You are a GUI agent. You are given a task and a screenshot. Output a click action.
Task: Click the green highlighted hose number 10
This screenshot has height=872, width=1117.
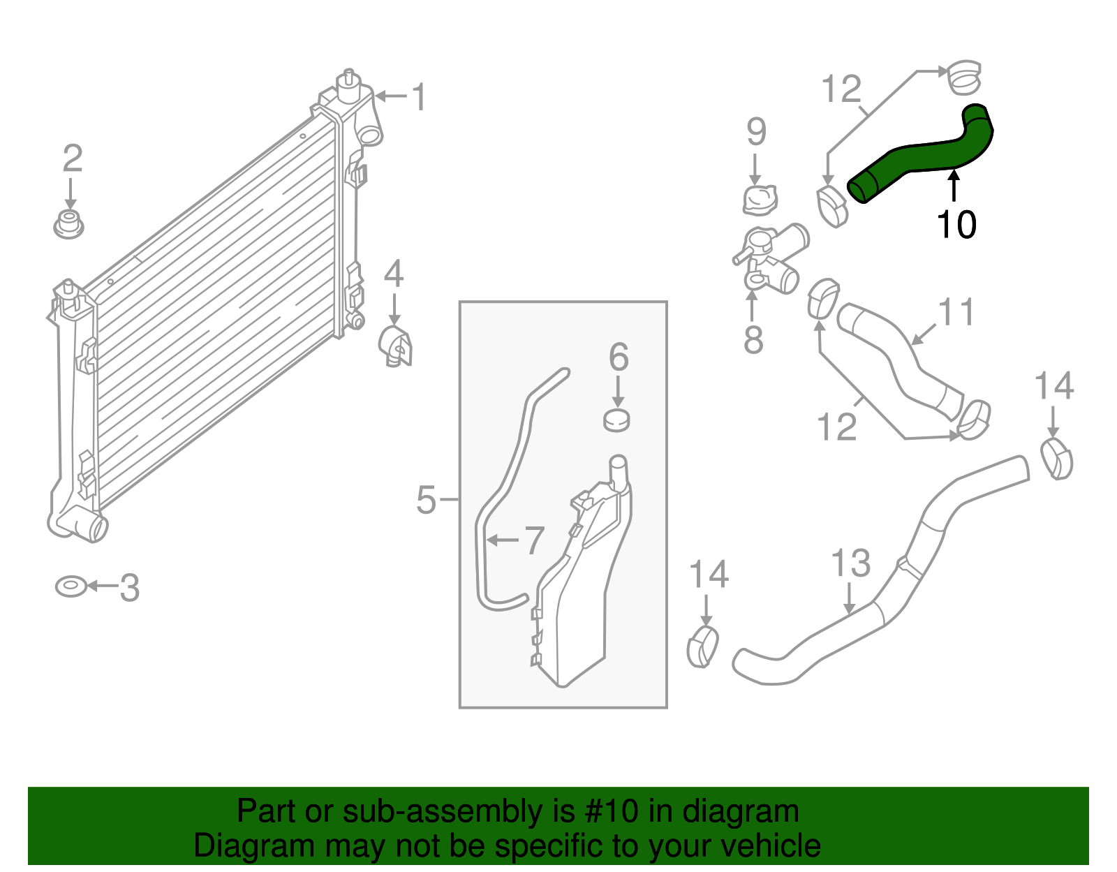click(922, 157)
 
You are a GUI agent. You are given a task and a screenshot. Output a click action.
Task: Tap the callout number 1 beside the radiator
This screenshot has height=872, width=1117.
click(418, 97)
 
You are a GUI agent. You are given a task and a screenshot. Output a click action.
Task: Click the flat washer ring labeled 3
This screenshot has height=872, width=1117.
click(71, 586)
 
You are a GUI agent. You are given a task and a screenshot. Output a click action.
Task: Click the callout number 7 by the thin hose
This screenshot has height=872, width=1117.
click(533, 540)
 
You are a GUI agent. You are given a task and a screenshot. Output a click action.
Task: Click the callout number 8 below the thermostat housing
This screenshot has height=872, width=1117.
click(753, 340)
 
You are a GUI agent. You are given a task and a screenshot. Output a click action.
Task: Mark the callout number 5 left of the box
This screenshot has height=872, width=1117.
click(426, 500)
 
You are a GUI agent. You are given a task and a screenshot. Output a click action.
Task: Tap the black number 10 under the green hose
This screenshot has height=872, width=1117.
click(956, 225)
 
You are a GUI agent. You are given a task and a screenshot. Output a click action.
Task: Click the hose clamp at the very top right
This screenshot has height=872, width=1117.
click(964, 77)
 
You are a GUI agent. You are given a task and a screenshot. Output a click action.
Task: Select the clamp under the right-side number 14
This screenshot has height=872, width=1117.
click(1056, 459)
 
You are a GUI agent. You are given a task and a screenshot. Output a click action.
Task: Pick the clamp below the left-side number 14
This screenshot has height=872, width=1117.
click(703, 646)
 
